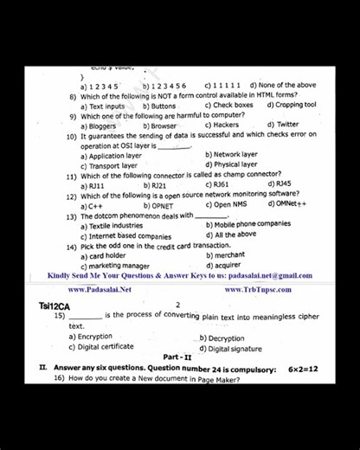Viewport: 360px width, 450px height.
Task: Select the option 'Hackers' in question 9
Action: (225, 125)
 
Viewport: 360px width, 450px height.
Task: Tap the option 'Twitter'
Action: (287, 125)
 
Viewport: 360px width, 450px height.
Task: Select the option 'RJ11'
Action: (96, 185)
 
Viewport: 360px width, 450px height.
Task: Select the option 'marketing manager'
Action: (119, 266)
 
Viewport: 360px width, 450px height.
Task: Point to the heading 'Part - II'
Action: (180, 357)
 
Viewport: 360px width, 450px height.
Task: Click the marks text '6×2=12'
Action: (303, 369)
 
